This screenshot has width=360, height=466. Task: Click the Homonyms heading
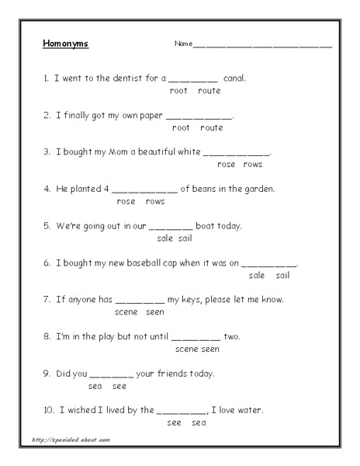66,43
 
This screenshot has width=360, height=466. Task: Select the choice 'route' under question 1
209,91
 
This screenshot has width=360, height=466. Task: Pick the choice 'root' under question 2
181,127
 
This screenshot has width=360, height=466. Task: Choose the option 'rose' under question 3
227,165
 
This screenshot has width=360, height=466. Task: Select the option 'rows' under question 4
155,201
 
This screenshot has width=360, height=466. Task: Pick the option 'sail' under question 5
185,238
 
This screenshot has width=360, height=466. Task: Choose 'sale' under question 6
257,276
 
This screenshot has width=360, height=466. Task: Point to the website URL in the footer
71,440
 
